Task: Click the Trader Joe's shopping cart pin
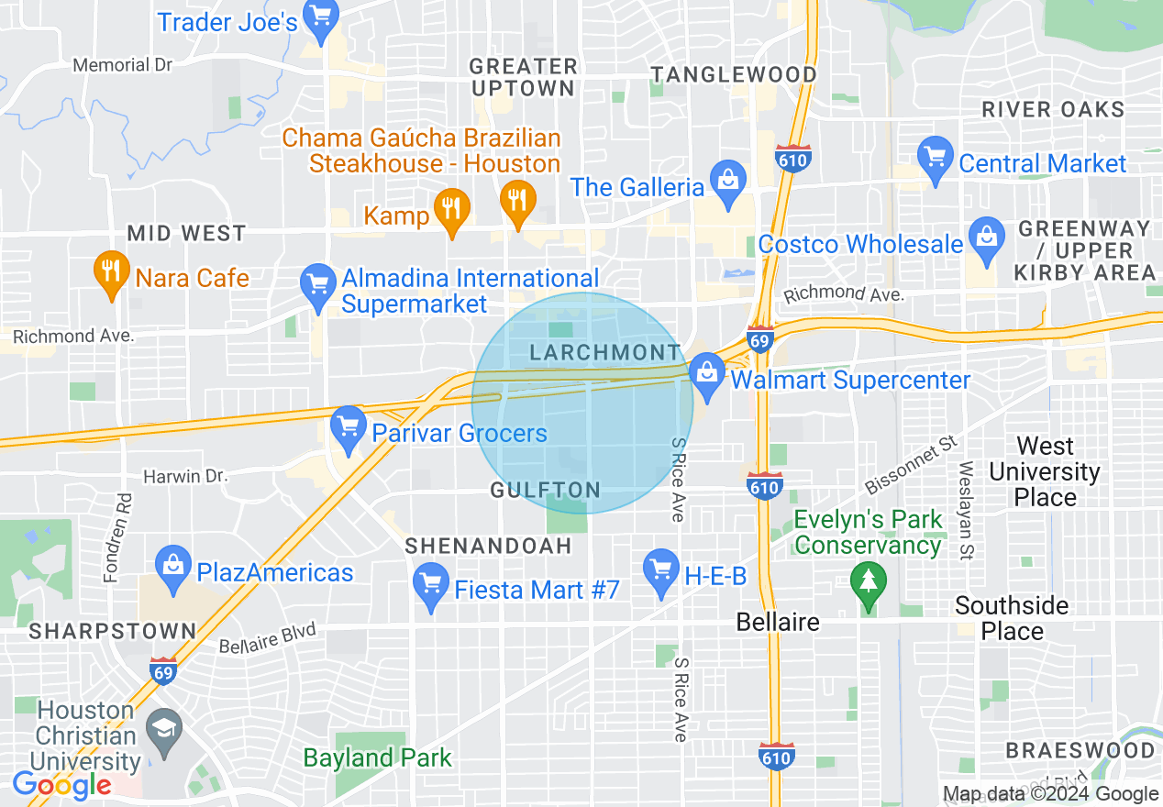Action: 321,19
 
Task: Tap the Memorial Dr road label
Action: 123,65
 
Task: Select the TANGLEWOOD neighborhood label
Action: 733,74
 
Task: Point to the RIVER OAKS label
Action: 1053,109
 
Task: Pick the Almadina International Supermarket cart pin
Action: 318,286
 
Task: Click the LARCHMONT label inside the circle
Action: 605,353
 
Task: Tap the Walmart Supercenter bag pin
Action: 706,376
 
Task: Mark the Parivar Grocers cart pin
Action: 348,429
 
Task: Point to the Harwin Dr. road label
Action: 184,477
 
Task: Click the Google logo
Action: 61,785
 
